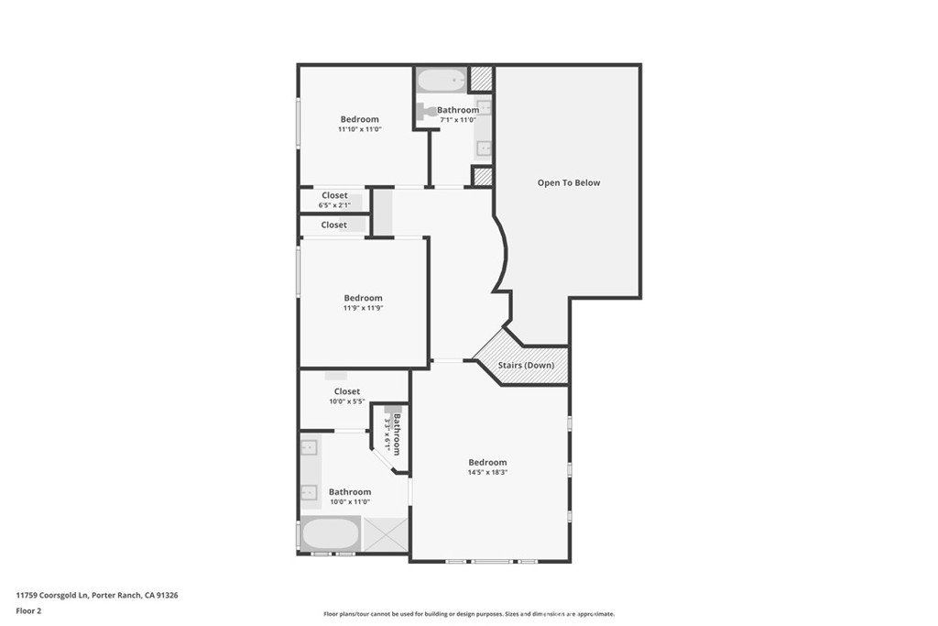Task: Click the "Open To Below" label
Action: coord(568,183)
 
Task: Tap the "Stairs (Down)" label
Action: coord(526,365)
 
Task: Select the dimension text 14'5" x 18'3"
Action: coord(487,472)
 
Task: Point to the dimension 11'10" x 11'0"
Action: coord(359,129)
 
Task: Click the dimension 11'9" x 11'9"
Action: coord(363,308)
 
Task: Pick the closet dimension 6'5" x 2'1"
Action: coord(334,205)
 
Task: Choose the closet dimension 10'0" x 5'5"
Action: coord(347,401)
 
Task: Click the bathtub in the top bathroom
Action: coord(442,80)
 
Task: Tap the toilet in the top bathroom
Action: coord(425,111)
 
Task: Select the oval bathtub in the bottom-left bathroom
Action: coord(330,534)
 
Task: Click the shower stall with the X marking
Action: coord(386,534)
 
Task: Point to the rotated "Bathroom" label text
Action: coord(397,434)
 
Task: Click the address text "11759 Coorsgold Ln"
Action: coord(52,596)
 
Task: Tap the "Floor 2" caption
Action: coord(28,611)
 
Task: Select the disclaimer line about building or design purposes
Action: coord(469,614)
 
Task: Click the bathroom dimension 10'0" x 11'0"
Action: coord(350,502)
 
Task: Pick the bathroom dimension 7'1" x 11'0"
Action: coord(458,120)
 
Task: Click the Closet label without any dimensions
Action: coord(333,225)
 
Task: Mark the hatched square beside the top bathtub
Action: coord(481,79)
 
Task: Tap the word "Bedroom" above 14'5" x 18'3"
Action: coord(487,462)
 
